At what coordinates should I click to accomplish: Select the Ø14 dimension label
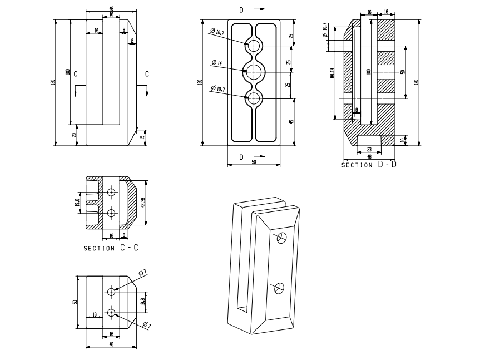click(217, 63)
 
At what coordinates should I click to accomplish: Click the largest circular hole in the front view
click(254, 71)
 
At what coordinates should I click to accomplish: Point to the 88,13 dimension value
click(332, 72)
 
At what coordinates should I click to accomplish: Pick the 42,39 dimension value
click(143, 202)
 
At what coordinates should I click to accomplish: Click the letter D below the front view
click(241, 157)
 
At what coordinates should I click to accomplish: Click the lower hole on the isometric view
click(279, 287)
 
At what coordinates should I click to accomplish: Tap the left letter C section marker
click(75, 73)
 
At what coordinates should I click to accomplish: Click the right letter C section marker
click(147, 73)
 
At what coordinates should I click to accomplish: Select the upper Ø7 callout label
click(143, 273)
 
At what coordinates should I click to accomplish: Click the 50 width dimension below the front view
click(254, 162)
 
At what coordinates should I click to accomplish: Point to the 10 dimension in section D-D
click(402, 140)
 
